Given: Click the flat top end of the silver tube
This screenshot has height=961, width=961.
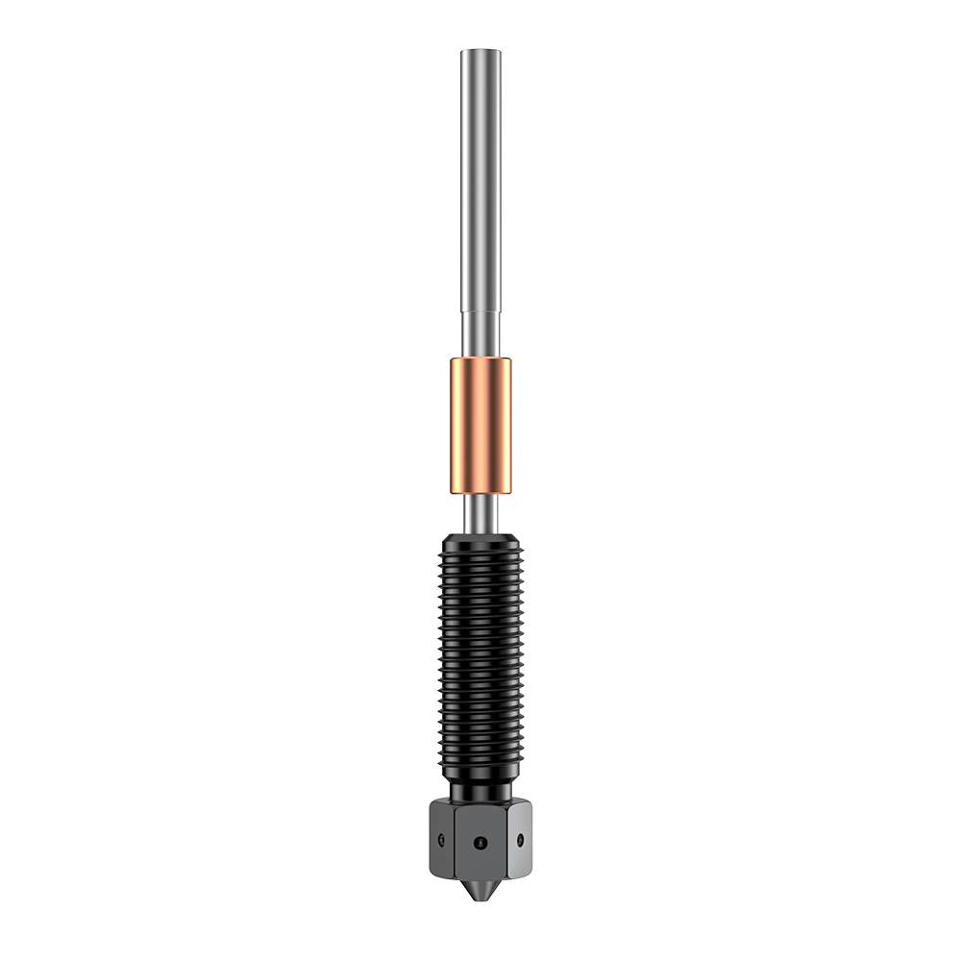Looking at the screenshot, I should click(x=480, y=52).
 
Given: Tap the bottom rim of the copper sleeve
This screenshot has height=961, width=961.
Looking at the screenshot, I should click(x=480, y=491).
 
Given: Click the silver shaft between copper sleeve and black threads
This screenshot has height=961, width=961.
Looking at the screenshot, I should click(x=480, y=511).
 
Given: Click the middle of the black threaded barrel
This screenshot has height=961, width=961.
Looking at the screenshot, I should click(x=480, y=653).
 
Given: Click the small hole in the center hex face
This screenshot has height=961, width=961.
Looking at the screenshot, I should click(x=480, y=842).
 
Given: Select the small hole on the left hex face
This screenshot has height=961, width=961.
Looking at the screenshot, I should click(x=440, y=840).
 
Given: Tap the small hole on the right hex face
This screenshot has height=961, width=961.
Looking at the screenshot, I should click(x=520, y=840).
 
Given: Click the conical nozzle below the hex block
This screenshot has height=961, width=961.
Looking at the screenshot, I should click(x=480, y=889).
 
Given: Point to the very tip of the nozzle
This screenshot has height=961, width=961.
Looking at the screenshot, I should click(x=480, y=903).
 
